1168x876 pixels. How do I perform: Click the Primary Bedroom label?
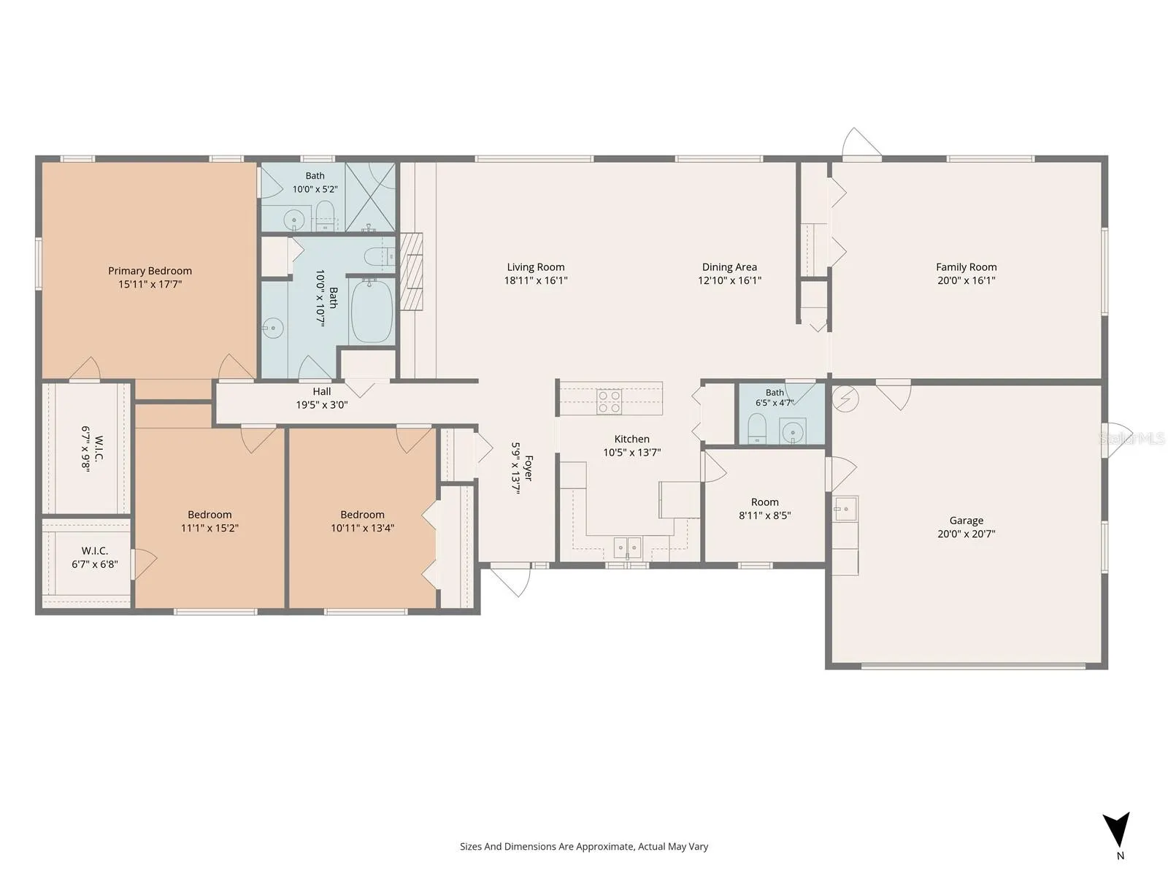click(150, 271)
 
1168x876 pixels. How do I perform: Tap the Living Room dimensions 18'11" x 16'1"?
click(536, 280)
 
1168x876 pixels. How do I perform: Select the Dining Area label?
click(729, 267)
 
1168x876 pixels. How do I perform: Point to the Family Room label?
click(966, 267)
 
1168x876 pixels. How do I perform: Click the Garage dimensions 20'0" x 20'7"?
click(966, 534)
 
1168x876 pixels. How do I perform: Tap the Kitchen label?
click(631, 439)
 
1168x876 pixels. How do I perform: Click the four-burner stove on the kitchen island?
click(610, 401)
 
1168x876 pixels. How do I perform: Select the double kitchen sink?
click(627, 547)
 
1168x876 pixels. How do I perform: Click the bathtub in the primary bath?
click(372, 311)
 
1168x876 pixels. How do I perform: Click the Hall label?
click(322, 391)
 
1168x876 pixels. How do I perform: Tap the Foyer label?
click(529, 468)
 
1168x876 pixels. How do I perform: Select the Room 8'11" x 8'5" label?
click(764, 509)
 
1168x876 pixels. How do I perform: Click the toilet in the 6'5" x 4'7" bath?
click(757, 429)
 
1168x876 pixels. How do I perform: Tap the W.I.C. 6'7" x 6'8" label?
click(95, 558)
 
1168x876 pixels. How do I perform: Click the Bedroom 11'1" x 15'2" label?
click(210, 521)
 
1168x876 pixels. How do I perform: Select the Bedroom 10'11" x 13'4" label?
click(362, 521)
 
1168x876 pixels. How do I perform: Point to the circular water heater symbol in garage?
click(845, 399)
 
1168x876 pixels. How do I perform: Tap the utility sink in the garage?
click(845, 509)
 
